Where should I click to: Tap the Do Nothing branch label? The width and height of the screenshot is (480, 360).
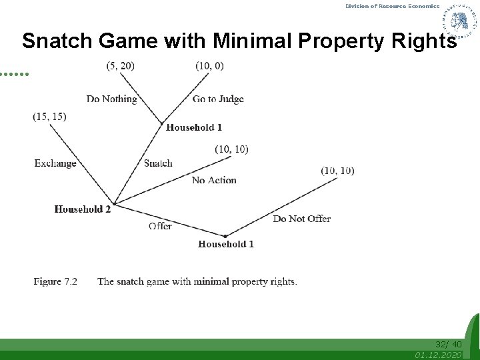[x=111, y=99]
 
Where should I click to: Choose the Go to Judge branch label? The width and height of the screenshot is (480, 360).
[x=218, y=99]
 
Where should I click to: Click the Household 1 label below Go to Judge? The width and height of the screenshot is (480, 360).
[x=194, y=127]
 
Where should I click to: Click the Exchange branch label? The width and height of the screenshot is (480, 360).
[x=55, y=163]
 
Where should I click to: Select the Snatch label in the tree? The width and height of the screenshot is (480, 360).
[x=158, y=163]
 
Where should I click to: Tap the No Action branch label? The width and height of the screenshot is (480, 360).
[x=214, y=180]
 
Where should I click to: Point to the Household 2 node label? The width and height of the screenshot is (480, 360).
[x=83, y=209]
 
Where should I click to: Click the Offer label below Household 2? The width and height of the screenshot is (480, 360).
[x=160, y=226]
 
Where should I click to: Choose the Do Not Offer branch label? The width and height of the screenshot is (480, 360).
[x=301, y=219]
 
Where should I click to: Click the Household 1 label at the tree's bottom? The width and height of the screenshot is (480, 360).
[x=226, y=244]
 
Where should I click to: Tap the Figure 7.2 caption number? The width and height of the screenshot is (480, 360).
[x=55, y=281]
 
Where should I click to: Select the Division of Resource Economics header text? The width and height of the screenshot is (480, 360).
[x=392, y=6]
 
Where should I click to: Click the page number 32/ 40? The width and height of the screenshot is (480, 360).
[x=448, y=344]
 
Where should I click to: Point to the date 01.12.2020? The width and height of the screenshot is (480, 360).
[x=438, y=355]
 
